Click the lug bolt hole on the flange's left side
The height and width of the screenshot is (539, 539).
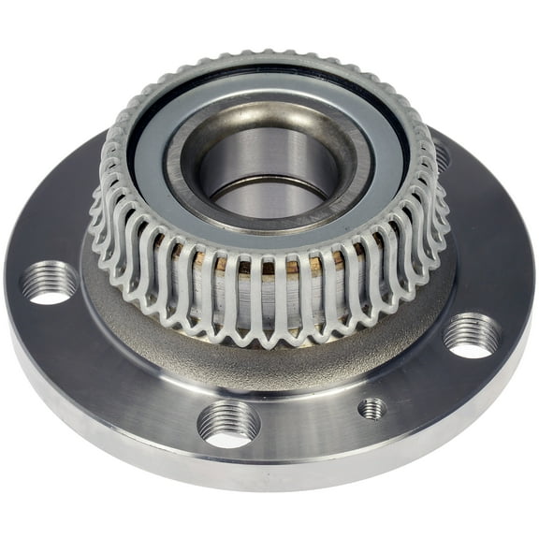click(x=48, y=282)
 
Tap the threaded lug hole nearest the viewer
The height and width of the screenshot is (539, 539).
click(x=229, y=423)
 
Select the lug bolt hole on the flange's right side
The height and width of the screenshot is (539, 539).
click(x=472, y=335)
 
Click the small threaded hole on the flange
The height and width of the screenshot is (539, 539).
click(x=371, y=409)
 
